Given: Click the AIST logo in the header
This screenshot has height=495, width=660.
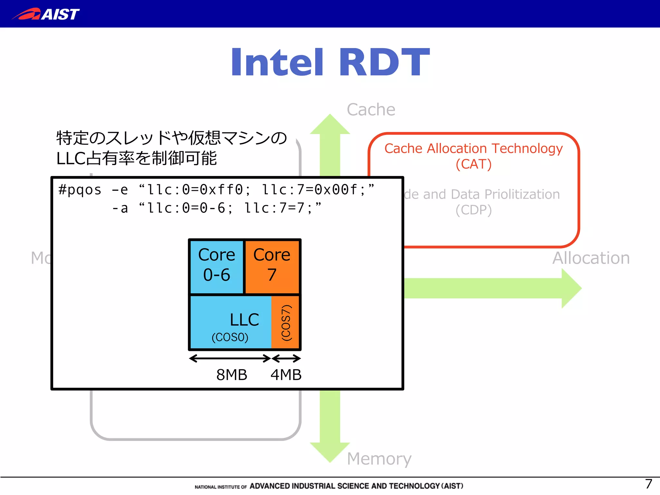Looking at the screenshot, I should (46, 14).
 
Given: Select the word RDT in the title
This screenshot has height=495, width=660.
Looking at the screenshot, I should (384, 62).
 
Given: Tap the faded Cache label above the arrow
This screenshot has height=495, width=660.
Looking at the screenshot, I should (371, 110).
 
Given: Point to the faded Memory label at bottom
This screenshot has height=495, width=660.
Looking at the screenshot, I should (379, 458).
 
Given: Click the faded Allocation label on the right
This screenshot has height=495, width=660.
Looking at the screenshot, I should (591, 258).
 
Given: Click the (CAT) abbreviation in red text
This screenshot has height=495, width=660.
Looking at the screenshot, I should (473, 164).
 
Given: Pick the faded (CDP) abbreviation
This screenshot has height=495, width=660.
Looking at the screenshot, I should (473, 210).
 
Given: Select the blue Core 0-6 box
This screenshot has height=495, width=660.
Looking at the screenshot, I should (217, 266).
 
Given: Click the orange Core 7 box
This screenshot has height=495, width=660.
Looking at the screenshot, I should (272, 266).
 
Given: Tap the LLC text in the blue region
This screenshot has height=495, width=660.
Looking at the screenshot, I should (244, 320).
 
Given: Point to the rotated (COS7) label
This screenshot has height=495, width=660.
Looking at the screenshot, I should (286, 323).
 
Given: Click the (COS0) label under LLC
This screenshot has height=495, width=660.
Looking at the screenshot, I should (230, 337).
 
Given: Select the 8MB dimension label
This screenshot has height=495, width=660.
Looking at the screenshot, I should (231, 375).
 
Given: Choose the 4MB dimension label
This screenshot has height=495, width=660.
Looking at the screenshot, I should (286, 375).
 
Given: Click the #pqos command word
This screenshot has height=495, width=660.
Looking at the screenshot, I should (80, 190).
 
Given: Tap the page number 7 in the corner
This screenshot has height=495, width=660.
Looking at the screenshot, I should (648, 484).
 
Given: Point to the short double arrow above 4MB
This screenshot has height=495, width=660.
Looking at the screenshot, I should (286, 358).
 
